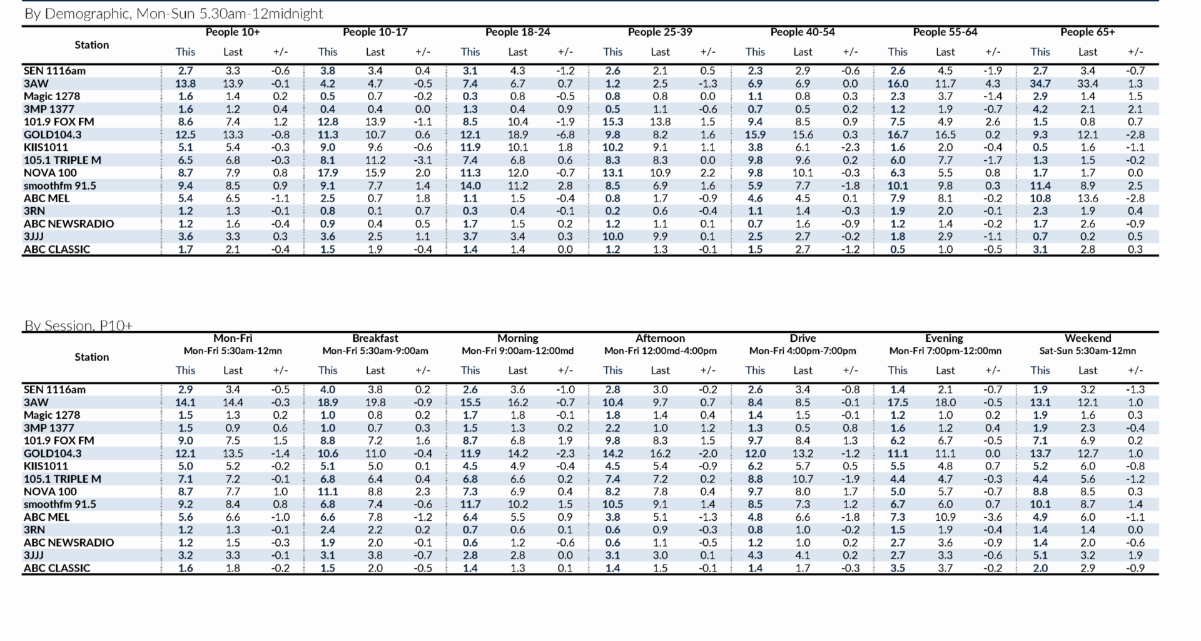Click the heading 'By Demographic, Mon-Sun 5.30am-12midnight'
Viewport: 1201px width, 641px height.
tap(173, 14)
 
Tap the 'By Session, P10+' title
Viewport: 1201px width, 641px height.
tap(78, 326)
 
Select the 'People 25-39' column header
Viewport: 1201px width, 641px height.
tap(660, 32)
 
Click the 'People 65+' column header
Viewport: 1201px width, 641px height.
tap(1087, 32)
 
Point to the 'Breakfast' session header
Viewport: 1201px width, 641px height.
tap(375, 338)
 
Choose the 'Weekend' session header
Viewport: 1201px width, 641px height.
tap(1087, 338)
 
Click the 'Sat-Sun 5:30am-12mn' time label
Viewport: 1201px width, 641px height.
tap(1087, 351)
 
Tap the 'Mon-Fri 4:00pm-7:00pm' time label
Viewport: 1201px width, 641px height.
tap(803, 351)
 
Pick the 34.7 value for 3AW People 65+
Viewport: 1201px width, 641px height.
tap(1040, 83)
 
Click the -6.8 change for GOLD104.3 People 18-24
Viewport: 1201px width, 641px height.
tap(565, 135)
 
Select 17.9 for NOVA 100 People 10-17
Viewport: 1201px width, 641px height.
tap(328, 173)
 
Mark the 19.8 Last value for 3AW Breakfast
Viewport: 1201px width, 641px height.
tap(375, 403)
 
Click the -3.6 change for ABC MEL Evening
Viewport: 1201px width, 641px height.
tap(993, 517)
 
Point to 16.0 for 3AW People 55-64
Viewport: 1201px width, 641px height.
tap(898, 83)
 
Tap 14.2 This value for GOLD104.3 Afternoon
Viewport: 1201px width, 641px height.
tap(612, 453)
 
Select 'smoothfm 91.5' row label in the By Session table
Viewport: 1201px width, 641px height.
tap(60, 504)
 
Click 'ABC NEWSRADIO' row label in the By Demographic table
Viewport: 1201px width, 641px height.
tap(69, 223)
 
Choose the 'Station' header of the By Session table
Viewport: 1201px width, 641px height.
tap(92, 357)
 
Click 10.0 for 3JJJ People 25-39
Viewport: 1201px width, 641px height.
tap(612, 237)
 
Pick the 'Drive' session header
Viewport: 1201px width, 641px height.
tap(803, 338)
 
